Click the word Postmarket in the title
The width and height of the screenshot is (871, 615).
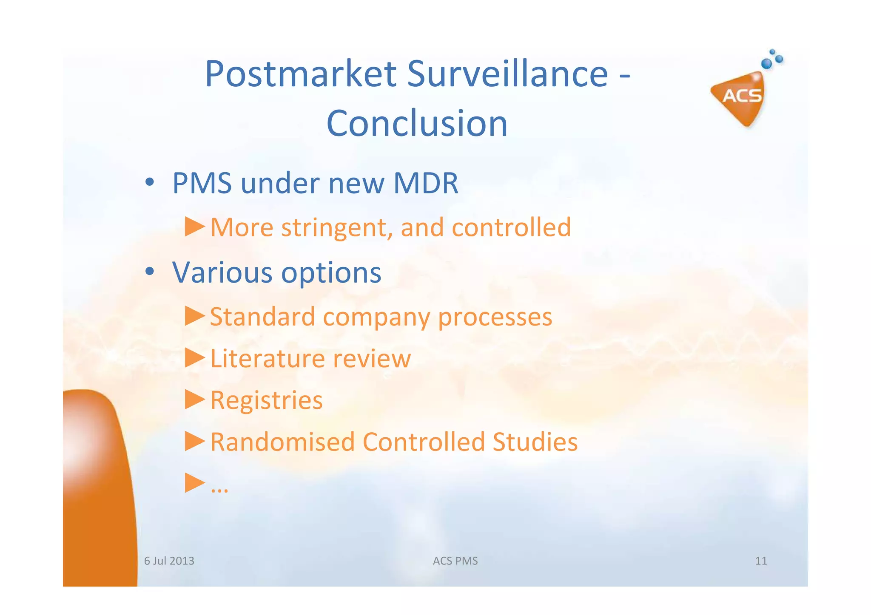(x=301, y=74)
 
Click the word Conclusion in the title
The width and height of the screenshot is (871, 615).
(x=417, y=124)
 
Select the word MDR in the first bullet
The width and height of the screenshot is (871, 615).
(x=426, y=184)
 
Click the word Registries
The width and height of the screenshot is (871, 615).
(x=267, y=400)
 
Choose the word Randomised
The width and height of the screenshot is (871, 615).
(x=282, y=442)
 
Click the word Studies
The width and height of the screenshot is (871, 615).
(x=535, y=442)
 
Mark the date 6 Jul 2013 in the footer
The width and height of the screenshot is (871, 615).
(x=169, y=561)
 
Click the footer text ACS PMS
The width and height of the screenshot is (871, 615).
(x=455, y=561)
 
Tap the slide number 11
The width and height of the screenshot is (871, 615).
(x=760, y=561)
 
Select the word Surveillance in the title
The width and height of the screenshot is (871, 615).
(x=507, y=74)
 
